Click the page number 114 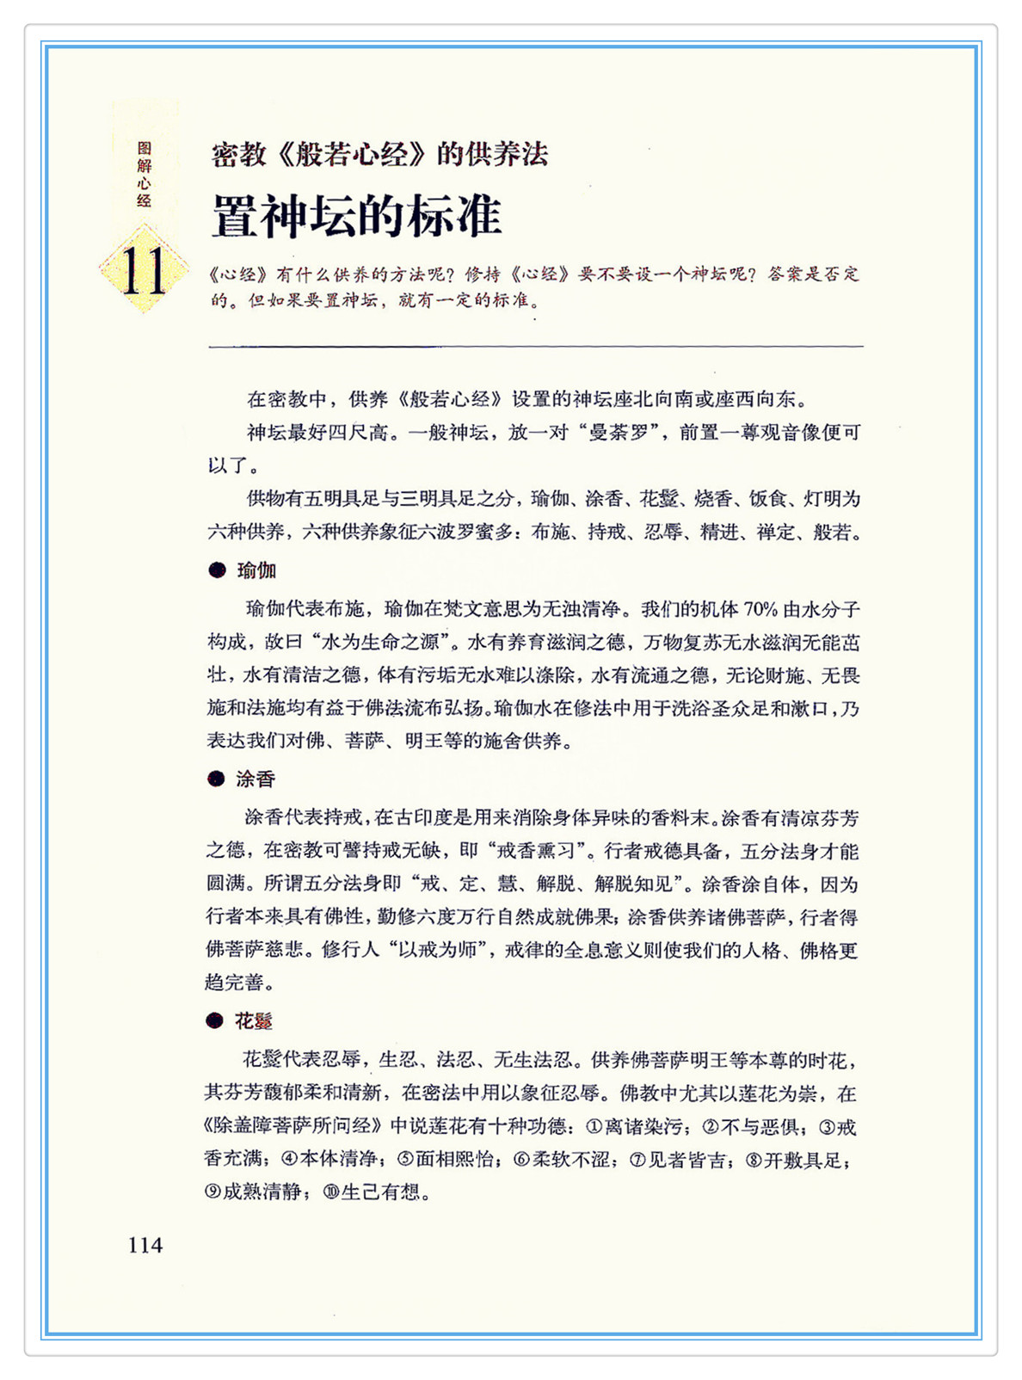point(145,1245)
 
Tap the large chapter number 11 point(143,270)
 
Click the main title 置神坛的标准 point(356,216)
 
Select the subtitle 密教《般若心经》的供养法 point(379,155)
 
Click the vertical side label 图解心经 point(144,175)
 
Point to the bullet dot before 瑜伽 point(217,570)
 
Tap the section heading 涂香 point(255,779)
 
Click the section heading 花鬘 point(254,1021)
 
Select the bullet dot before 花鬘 point(215,1021)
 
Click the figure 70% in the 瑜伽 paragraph point(760,610)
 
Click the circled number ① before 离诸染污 point(594,1126)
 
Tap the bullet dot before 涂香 point(216,779)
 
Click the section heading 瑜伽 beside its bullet point(256,570)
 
